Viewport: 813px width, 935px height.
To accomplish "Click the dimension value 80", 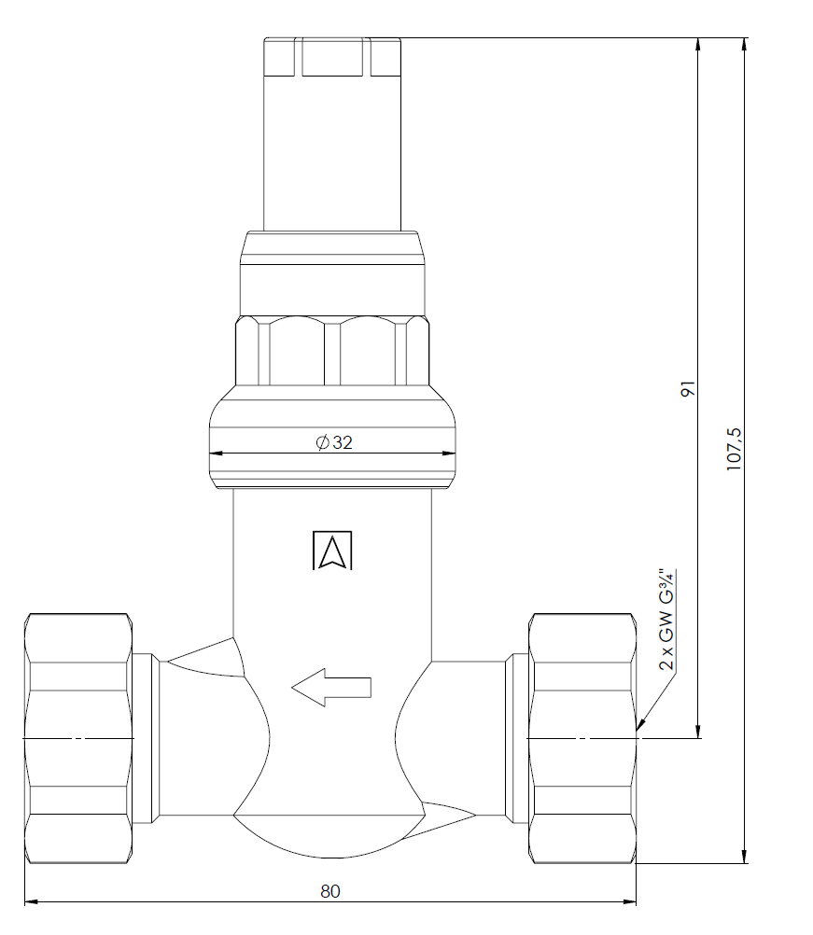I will click(330, 891).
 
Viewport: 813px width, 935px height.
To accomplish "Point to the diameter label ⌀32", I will click(334, 443).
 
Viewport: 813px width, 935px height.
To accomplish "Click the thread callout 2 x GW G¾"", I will click(666, 620).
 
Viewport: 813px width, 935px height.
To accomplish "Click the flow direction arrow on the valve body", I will click(331, 688).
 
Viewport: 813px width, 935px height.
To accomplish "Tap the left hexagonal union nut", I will click(77, 738).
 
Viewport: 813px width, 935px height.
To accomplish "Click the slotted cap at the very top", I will click(333, 57).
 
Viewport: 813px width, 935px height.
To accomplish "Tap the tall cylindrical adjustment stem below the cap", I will click(333, 154).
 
